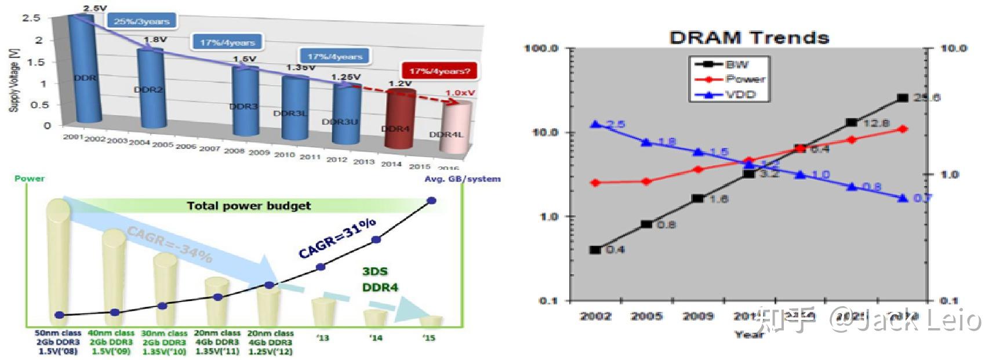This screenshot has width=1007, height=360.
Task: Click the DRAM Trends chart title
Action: [749, 38]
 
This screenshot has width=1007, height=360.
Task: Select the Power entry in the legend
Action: [745, 79]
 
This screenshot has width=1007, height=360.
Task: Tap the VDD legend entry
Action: [741, 94]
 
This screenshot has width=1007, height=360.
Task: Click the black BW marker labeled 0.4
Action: [595, 250]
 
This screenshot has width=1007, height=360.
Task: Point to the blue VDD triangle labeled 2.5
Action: [595, 124]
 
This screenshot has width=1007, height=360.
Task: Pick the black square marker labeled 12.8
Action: [851, 122]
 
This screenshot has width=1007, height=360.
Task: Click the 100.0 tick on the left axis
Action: [541, 48]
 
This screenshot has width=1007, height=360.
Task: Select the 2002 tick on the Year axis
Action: [596, 316]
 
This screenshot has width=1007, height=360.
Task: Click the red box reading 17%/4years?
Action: [439, 71]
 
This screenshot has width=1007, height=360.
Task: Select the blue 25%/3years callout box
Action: [141, 21]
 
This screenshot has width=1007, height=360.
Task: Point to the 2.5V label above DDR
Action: [95, 8]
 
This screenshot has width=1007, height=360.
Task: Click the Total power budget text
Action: [249, 206]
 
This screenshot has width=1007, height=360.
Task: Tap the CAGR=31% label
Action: [337, 238]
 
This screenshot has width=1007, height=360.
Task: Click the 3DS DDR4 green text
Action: [380, 279]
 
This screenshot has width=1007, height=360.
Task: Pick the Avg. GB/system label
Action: [462, 179]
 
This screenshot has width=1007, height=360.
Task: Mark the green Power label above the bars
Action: [30, 178]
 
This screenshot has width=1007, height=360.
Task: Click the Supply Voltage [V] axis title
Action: [13, 79]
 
